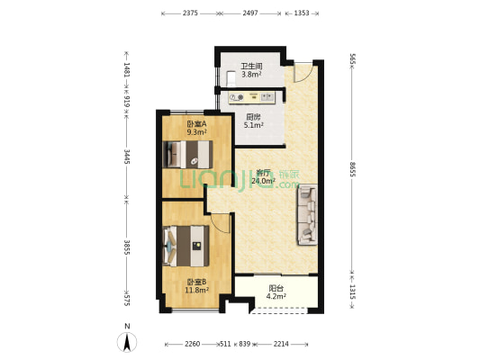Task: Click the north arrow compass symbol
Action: pos(127,342)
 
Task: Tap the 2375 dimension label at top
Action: pos(190,13)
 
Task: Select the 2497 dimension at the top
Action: pos(250,13)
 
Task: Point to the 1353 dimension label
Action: pos(302,13)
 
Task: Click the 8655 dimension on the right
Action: pos(352,169)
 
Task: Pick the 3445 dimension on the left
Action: pos(127,157)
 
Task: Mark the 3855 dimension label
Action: pos(127,247)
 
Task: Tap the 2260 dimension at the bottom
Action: pos(193,344)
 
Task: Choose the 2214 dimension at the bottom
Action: pos(281,344)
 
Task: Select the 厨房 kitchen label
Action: pos(253,117)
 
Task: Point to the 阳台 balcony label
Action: pos(276,288)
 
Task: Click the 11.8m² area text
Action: pos(197,290)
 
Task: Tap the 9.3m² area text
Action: pos(197,132)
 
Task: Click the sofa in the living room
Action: pos(306,214)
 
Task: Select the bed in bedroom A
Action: pos(188,155)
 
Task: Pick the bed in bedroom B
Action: pos(186,247)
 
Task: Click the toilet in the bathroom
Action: pos(231,79)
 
